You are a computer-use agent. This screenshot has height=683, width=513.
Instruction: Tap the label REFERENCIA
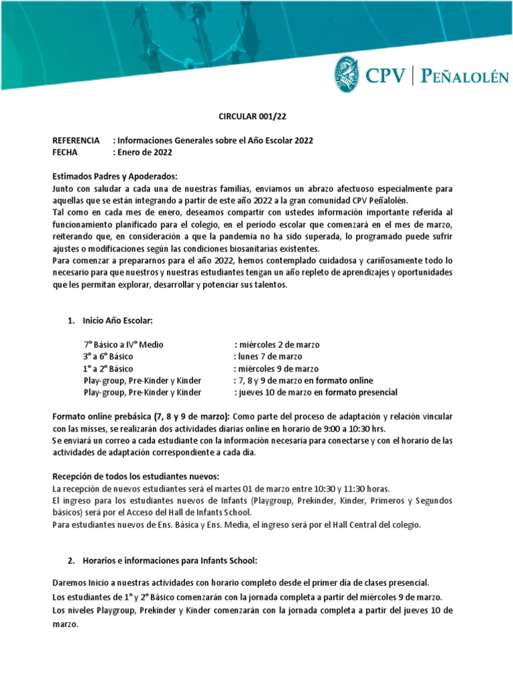(x=77, y=141)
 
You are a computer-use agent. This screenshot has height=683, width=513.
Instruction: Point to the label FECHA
(x=65, y=152)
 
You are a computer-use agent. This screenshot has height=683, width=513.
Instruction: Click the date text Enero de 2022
(x=145, y=152)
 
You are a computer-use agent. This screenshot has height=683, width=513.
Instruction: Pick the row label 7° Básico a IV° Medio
(x=124, y=345)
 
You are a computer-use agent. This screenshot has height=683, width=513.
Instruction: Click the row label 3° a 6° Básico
(x=108, y=357)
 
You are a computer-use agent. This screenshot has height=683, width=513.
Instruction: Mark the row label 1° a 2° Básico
(x=108, y=369)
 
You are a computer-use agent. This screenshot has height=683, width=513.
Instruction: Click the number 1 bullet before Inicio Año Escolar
(x=71, y=321)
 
